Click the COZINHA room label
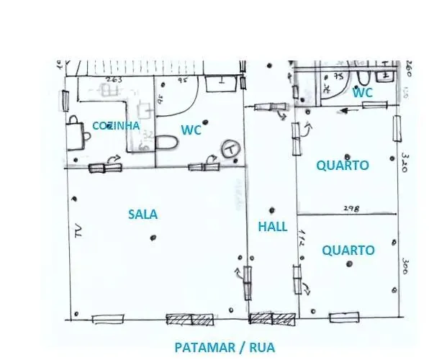tap(115, 125)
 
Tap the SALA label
tap(143, 214)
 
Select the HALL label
tap(273, 227)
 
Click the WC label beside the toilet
tap(191, 130)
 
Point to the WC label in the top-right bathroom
tap(363, 93)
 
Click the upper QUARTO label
tap(343, 166)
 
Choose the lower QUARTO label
tap(348, 251)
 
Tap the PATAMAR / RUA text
tap(225, 348)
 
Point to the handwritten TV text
tap(76, 230)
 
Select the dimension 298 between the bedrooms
tap(350, 208)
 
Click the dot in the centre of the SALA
tap(152, 238)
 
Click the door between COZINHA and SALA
tap(106, 168)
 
